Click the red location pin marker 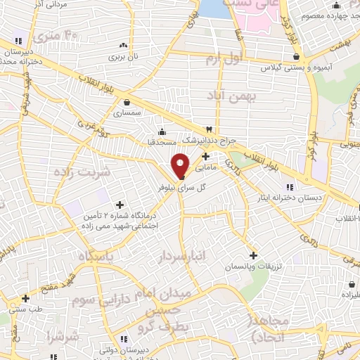tap(181, 165)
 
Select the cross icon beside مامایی tap(205, 156)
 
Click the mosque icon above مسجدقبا tap(162, 131)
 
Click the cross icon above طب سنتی tap(25, 298)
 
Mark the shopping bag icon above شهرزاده tap(351, 284)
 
